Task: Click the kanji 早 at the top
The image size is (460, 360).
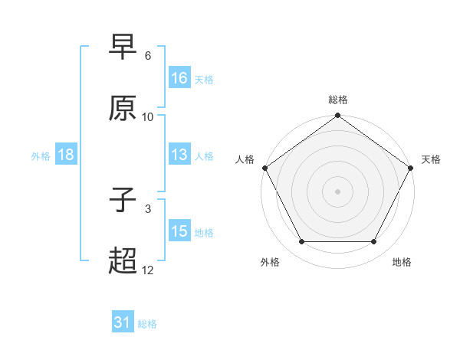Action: click(123, 47)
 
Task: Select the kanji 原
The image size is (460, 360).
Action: click(123, 108)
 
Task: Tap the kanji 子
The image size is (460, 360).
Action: click(123, 200)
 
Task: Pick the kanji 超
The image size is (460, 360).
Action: click(123, 261)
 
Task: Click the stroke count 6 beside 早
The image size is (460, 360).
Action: click(148, 56)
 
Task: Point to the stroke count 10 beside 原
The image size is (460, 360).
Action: click(148, 117)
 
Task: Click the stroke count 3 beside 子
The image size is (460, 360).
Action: click(148, 208)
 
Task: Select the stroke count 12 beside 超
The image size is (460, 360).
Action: click(148, 270)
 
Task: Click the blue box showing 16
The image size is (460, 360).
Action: click(179, 78)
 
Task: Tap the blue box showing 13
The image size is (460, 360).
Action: click(179, 155)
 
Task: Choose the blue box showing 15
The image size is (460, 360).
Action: click(179, 231)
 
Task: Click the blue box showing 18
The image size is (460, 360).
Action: click(66, 155)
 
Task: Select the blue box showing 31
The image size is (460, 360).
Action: click(123, 323)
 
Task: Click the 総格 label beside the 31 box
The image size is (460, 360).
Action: click(147, 324)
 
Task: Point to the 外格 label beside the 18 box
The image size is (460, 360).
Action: click(41, 155)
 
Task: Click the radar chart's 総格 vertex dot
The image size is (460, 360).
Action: click(337, 116)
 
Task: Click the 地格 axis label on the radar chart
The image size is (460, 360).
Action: click(402, 263)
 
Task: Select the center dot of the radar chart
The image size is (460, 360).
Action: click(337, 191)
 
